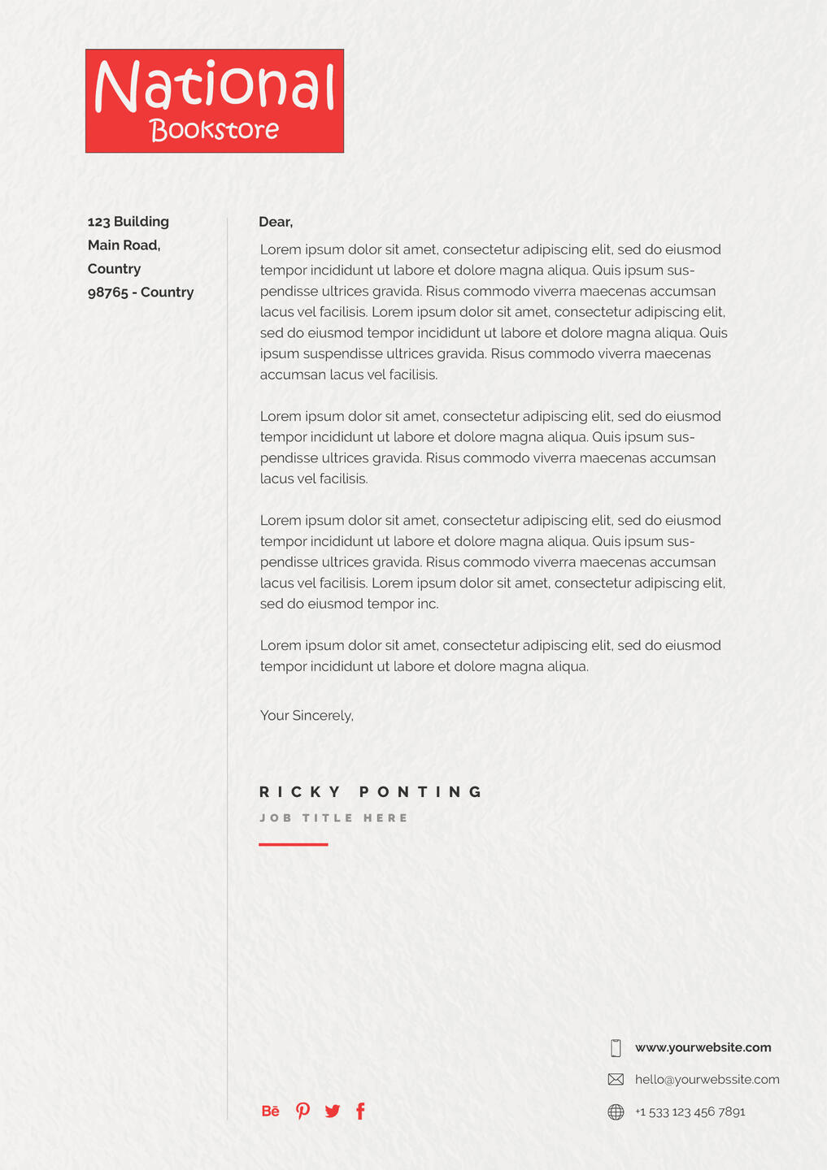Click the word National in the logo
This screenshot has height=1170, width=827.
(214, 87)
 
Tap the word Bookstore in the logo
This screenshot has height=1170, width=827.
(215, 130)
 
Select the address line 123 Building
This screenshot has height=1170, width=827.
(128, 222)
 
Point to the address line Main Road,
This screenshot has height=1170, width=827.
(124, 245)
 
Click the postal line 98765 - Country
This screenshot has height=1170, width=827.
(141, 292)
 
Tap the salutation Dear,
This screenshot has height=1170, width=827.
(276, 222)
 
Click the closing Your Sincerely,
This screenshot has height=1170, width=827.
(307, 716)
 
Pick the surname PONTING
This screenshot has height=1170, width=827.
(421, 792)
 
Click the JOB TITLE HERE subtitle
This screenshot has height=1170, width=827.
(333, 818)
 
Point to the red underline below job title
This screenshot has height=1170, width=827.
(293, 845)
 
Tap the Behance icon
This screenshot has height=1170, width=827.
(271, 1111)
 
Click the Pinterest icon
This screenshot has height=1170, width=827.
(303, 1111)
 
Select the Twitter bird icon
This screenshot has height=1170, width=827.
(332, 1111)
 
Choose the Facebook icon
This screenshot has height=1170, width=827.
(360, 1111)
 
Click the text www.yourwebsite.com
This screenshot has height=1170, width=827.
(703, 1047)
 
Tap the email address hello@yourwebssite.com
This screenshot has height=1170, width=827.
(707, 1080)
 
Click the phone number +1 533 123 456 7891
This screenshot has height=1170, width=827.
(690, 1111)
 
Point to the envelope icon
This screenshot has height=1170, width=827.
(616, 1080)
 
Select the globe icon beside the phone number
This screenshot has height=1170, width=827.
(616, 1111)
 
